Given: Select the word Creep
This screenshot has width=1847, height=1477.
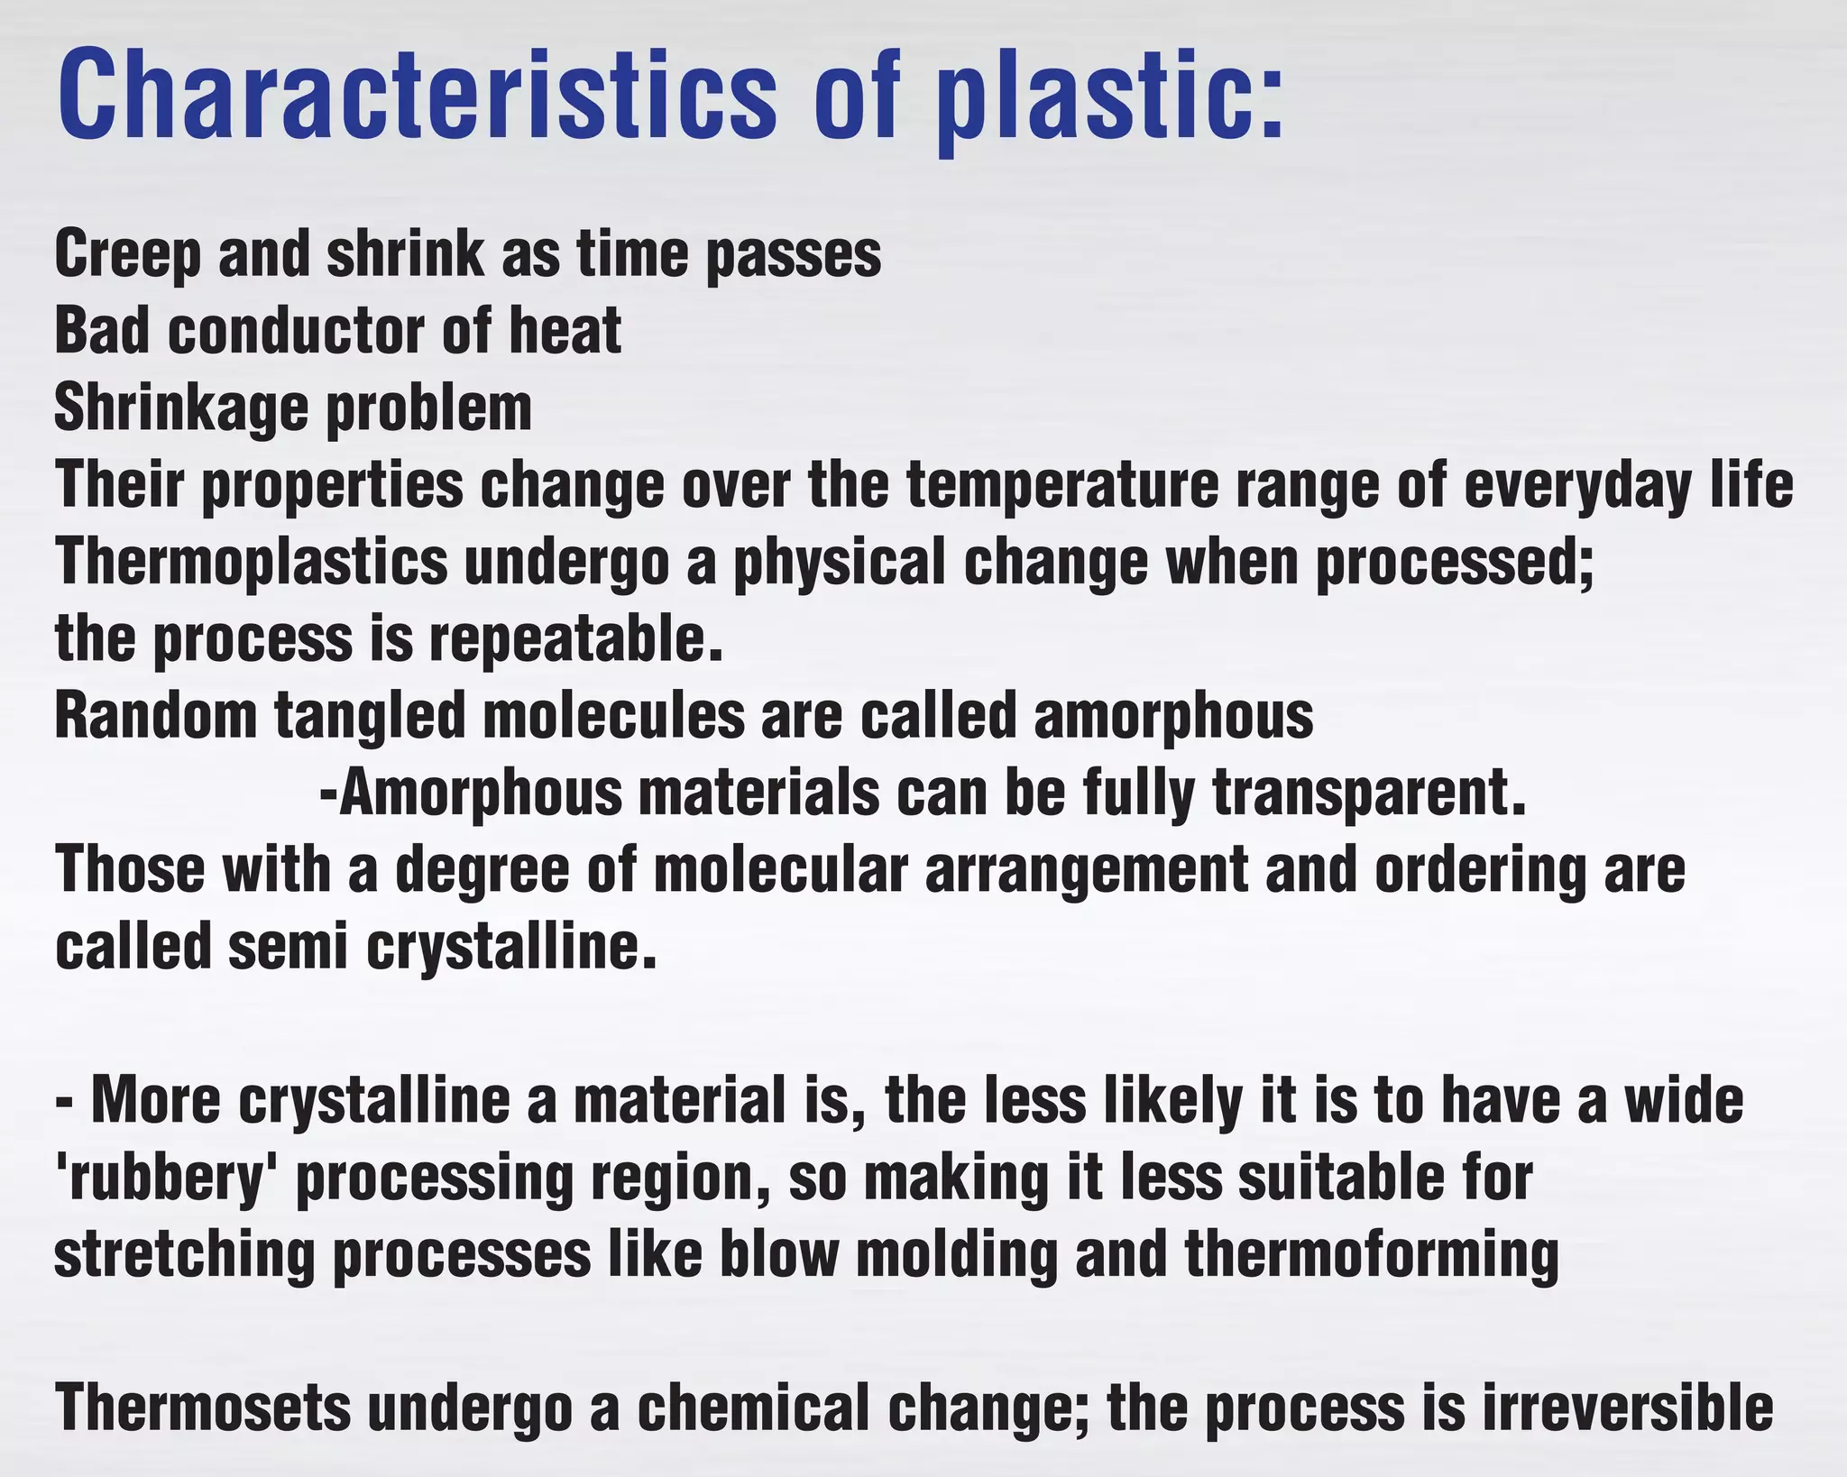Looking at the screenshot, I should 127,255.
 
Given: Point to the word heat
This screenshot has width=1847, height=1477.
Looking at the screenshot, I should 565,331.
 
